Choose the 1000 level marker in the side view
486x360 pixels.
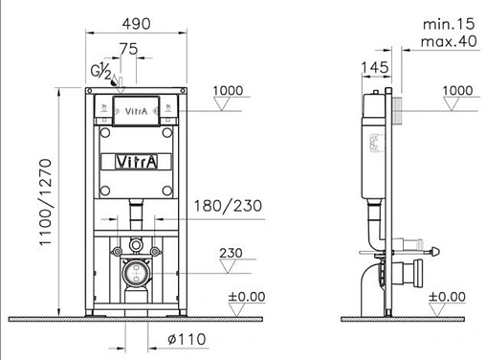[458, 91]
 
